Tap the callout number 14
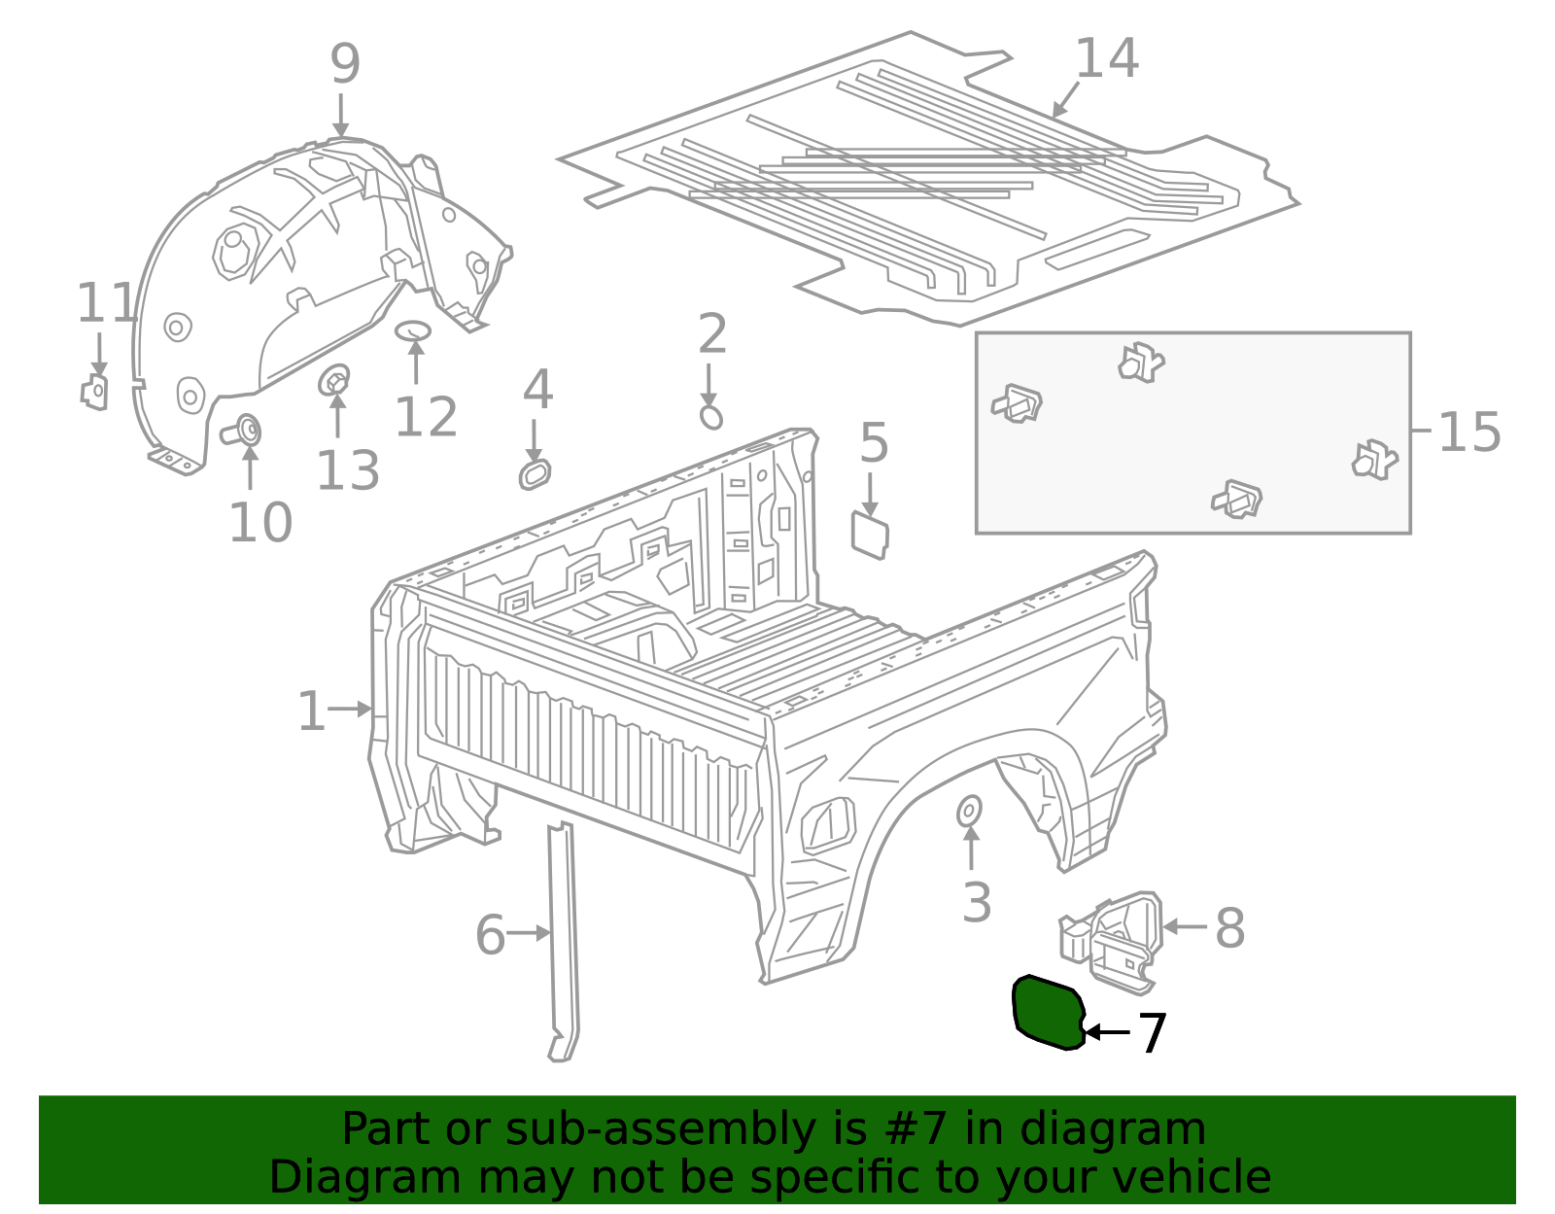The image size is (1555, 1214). click(x=1106, y=59)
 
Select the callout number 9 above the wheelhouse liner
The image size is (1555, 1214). click(x=345, y=64)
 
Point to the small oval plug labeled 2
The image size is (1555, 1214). click(x=711, y=418)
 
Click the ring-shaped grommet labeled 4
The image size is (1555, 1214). click(x=535, y=475)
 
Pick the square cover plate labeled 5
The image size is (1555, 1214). click(x=870, y=535)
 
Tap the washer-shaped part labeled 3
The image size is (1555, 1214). click(x=969, y=811)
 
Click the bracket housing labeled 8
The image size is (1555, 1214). click(x=1118, y=939)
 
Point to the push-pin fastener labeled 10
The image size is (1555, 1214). click(x=243, y=430)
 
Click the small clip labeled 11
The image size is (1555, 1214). click(x=94, y=392)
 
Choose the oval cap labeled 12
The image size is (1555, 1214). click(x=413, y=330)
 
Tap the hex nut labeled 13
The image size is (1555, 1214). click(x=334, y=380)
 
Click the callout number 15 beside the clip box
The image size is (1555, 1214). click(x=1469, y=433)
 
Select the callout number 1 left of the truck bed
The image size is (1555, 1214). click(x=311, y=711)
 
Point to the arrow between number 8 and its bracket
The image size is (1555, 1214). click(x=1184, y=927)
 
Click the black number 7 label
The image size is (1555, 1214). click(x=1152, y=1033)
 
